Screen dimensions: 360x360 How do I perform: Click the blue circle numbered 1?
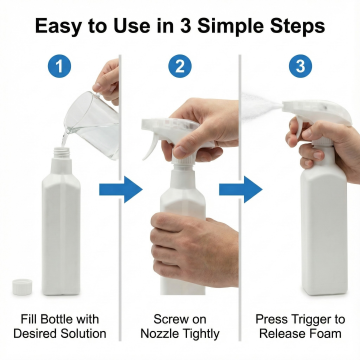pyautogui.click(x=59, y=66)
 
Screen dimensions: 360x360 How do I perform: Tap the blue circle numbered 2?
pyautogui.click(x=180, y=66)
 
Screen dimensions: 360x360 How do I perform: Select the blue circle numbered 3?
pyautogui.click(x=300, y=66)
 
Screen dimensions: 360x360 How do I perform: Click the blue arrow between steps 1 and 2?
pyautogui.click(x=121, y=190)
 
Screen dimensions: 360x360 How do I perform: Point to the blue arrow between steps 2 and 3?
pyautogui.click(x=241, y=190)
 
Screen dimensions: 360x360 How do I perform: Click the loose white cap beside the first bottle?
pyautogui.click(x=22, y=287)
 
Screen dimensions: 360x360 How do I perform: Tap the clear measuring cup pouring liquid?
pyautogui.click(x=92, y=125)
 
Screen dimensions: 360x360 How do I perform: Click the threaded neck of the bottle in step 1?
pyautogui.click(x=62, y=153)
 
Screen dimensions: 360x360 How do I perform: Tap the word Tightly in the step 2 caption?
pyautogui.click(x=201, y=334)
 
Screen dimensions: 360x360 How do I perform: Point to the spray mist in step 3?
pyautogui.click(x=260, y=106)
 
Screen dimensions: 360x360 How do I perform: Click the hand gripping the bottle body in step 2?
pyautogui.click(x=194, y=248)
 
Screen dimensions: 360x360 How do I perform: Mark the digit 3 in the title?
pyautogui.click(x=184, y=26)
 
